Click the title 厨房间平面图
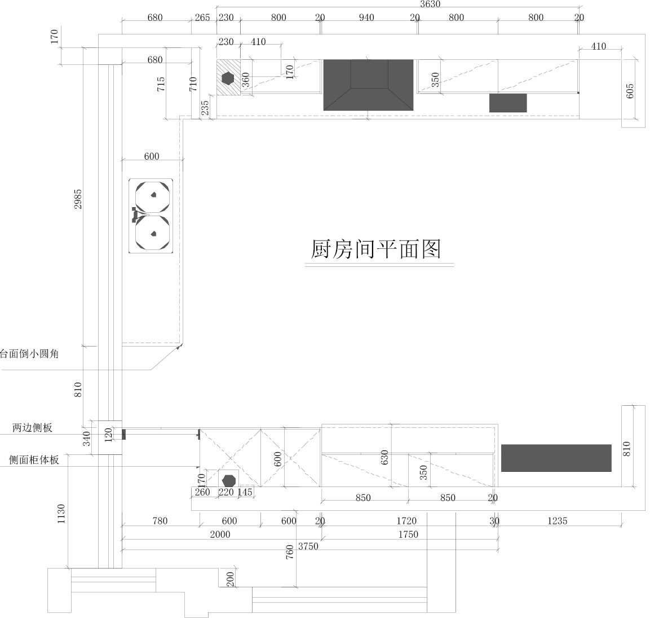click(375, 249)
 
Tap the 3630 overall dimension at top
click(430, 4)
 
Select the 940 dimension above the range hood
click(366, 17)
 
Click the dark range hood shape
click(368, 85)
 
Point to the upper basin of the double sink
click(153, 197)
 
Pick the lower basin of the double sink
click(153, 233)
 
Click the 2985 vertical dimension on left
click(78, 199)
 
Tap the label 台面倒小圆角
click(29, 354)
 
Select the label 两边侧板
click(32, 427)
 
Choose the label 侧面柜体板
click(34, 460)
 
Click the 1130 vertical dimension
click(61, 514)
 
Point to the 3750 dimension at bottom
click(308, 546)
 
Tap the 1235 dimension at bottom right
click(557, 521)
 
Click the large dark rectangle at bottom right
click(556, 458)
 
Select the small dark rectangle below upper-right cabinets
click(508, 103)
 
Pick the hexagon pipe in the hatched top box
click(228, 78)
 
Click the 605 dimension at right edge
click(630, 91)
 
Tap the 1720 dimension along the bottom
click(406, 521)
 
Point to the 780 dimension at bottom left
click(160, 521)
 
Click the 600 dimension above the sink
click(152, 156)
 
